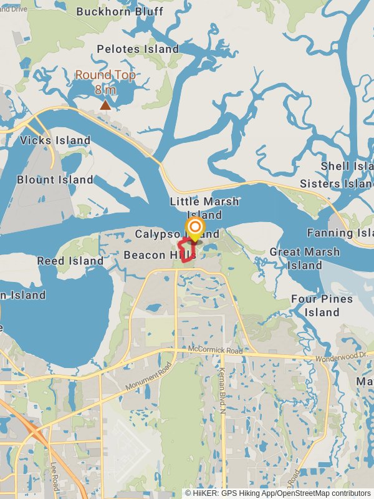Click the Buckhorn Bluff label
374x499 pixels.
[x=120, y=11]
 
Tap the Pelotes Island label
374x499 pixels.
[x=138, y=49]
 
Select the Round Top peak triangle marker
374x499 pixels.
[x=106, y=105]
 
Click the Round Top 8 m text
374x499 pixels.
[x=105, y=82]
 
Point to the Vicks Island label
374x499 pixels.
[x=55, y=140]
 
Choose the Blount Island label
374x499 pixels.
[x=55, y=180]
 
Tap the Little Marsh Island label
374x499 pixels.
[x=204, y=208]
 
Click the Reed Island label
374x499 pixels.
[x=70, y=261]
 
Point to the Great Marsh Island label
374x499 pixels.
[x=305, y=258]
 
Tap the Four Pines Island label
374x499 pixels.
[x=322, y=305]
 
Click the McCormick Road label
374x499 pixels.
[x=214, y=351]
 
